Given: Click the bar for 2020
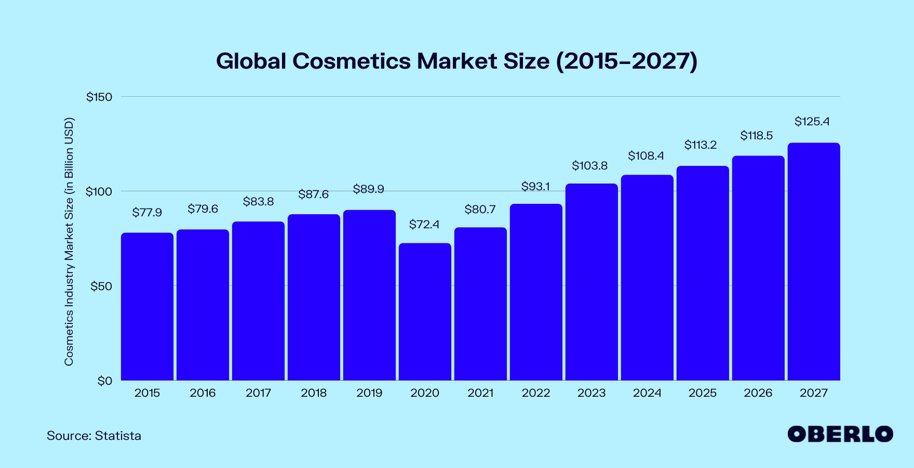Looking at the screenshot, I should pyautogui.click(x=425, y=312).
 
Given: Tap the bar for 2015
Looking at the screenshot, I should pyautogui.click(x=147, y=307).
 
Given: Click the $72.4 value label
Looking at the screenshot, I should pyautogui.click(x=424, y=225).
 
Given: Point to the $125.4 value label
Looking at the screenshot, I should pyautogui.click(x=812, y=122).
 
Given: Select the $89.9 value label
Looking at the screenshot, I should pyautogui.click(x=368, y=189).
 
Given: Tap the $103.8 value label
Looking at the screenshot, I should pyautogui.click(x=589, y=166).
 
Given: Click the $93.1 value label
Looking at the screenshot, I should pyautogui.click(x=535, y=187).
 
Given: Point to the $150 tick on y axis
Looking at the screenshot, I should pyautogui.click(x=99, y=97).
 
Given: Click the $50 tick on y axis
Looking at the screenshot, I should pyautogui.click(x=101, y=287).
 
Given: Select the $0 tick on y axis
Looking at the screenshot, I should pyautogui.click(x=104, y=381).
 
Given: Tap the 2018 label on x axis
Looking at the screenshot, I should pyautogui.click(x=314, y=393).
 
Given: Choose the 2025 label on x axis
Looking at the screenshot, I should pyautogui.click(x=702, y=393).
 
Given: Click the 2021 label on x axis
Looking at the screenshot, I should pyautogui.click(x=480, y=393).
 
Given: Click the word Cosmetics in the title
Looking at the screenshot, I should pyautogui.click(x=351, y=61).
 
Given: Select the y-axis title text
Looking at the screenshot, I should pyautogui.click(x=69, y=242).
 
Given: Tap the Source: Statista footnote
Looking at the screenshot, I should pyautogui.click(x=94, y=436).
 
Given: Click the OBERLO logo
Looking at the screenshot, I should pyautogui.click(x=840, y=434).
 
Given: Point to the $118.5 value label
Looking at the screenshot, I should pyautogui.click(x=756, y=136).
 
